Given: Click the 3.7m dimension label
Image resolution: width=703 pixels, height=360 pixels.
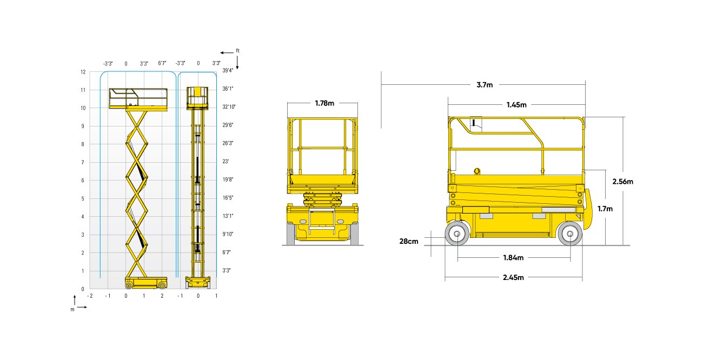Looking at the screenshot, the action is point(485,85).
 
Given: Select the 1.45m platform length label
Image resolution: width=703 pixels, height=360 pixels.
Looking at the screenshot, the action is point(516,105).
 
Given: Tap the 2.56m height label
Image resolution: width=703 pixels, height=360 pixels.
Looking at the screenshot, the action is point(622,182).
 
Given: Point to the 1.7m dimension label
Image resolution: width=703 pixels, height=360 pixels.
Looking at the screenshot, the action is point(605,209).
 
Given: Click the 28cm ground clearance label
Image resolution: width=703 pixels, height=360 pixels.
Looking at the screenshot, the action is point(409,241).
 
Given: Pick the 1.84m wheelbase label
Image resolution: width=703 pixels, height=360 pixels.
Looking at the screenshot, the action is point(513,258).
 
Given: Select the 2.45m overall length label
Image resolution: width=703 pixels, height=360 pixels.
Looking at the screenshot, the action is point(513,277).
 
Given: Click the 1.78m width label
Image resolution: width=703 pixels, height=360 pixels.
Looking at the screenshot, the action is point(324,103).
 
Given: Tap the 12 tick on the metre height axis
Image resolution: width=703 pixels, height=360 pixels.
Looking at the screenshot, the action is point(83,72).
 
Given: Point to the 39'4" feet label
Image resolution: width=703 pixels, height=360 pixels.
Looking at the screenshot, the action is point(228,70).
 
